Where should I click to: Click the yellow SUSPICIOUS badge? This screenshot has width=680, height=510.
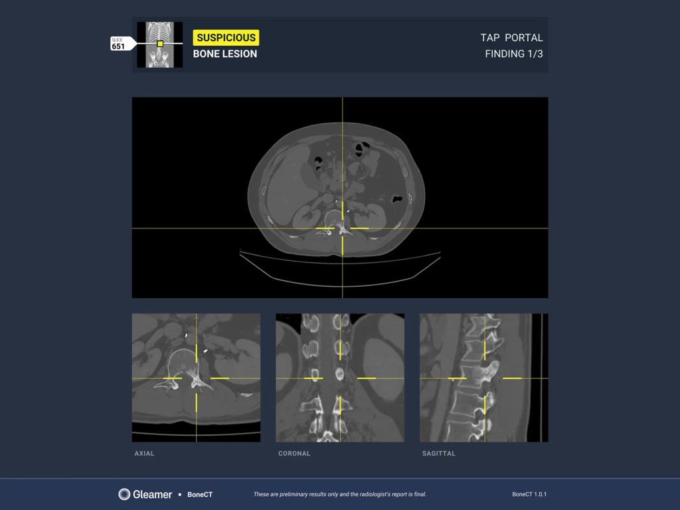[x=226, y=38]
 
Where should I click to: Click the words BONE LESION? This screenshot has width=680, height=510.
[x=225, y=54]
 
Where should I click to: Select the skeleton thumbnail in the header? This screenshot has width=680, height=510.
[x=159, y=44]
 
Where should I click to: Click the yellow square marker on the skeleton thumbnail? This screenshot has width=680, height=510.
[x=160, y=44]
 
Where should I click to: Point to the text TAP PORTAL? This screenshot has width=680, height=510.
[x=511, y=38]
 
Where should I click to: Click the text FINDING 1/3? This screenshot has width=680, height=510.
[x=514, y=54]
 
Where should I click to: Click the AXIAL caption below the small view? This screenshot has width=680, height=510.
[x=144, y=453]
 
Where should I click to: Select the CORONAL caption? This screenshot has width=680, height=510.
[x=294, y=453]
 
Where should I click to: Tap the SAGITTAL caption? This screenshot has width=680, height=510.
[x=439, y=453]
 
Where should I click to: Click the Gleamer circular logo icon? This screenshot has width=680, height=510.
[x=124, y=494]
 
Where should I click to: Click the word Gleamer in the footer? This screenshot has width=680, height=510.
[x=152, y=494]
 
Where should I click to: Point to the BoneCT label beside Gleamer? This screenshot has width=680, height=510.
[x=200, y=494]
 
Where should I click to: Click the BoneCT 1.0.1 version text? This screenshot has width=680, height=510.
[x=529, y=494]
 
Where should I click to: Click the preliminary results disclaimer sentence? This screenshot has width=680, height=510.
[x=340, y=494]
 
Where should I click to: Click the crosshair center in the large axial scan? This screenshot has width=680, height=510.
[x=343, y=228]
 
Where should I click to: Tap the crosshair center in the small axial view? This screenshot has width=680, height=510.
[x=196, y=378]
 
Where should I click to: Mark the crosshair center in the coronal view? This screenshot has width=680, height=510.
[x=340, y=378]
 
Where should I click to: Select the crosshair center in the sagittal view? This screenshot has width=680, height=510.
[x=484, y=378]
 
